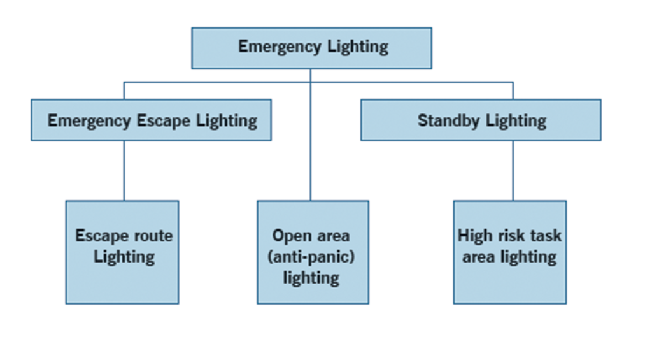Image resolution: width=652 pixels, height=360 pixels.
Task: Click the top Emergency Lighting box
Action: pyautogui.click(x=311, y=48)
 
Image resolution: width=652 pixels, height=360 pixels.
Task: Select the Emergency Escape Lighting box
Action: pyautogui.click(x=151, y=120)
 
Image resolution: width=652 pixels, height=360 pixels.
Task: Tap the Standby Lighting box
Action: pyautogui.click(x=481, y=120)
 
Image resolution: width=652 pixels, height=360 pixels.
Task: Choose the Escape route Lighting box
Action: pyautogui.click(x=122, y=252)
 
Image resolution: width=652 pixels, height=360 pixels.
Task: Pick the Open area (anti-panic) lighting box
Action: pyautogui.click(x=313, y=252)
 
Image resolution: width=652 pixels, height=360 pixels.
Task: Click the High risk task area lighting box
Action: pyautogui.click(x=509, y=252)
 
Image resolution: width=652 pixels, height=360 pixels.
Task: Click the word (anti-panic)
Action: pyautogui.click(x=311, y=257)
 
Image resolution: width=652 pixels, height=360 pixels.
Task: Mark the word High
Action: pyautogui.click(x=474, y=236)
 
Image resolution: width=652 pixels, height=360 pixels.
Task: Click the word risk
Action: pyautogui.click(x=513, y=236)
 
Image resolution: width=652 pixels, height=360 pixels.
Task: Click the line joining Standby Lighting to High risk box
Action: pyautogui.click(x=513, y=170)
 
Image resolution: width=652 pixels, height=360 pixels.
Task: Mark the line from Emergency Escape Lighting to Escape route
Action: pyautogui.click(x=124, y=170)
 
